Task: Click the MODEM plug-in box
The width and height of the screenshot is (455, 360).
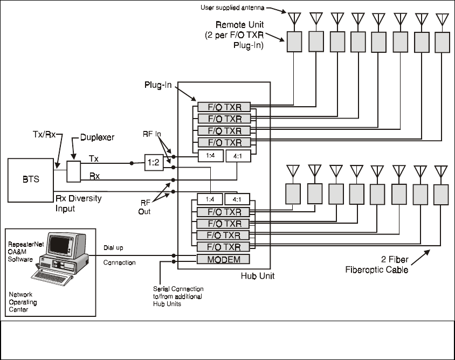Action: coord(223,259)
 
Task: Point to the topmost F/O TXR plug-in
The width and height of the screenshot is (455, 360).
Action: coord(223,107)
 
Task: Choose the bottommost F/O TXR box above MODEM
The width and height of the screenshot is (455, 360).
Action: coord(223,247)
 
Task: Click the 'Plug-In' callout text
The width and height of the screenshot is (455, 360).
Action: coord(158,86)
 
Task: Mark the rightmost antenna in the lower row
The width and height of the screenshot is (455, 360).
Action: coord(441,171)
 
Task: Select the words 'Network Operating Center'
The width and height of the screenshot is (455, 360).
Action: coord(24,302)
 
